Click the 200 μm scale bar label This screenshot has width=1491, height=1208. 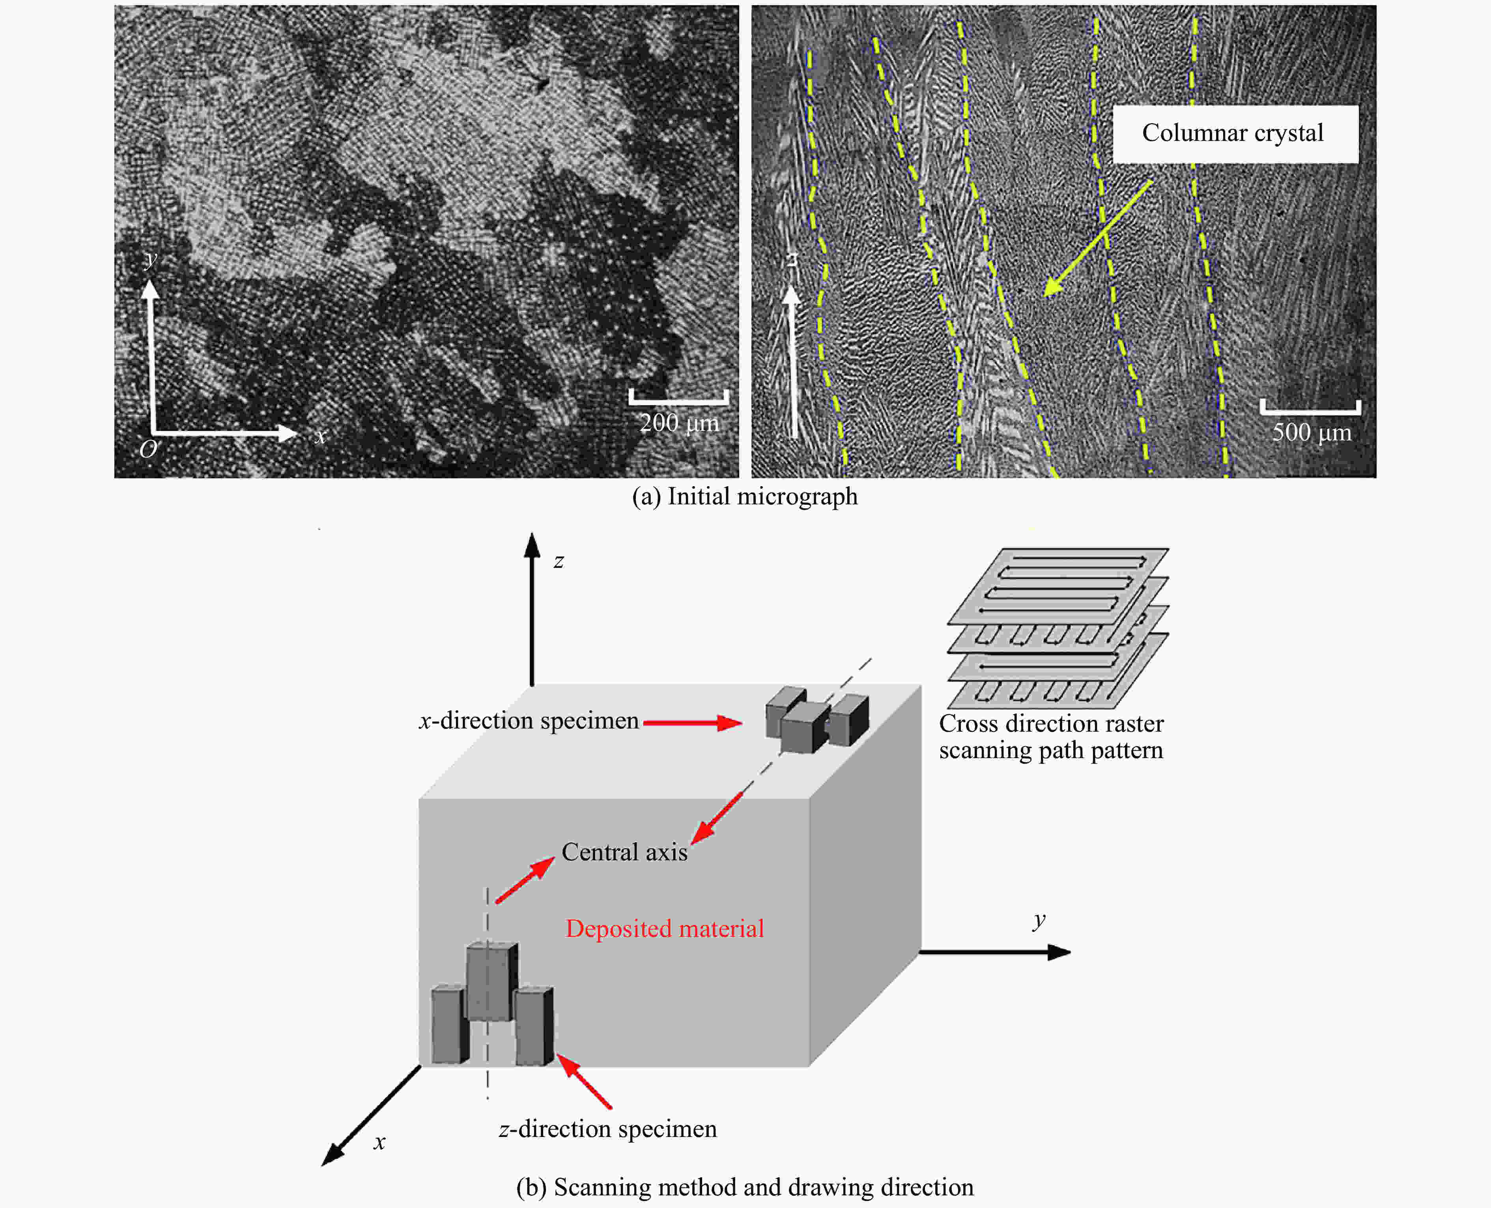679,422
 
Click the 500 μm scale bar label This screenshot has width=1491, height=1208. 1312,432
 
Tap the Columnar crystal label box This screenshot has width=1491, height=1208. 1235,134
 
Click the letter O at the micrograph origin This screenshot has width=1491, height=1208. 148,449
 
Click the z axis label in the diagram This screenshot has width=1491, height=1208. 559,561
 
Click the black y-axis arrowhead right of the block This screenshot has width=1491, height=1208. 1058,952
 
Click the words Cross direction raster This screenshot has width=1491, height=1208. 1051,724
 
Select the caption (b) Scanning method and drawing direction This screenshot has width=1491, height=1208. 745,1187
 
